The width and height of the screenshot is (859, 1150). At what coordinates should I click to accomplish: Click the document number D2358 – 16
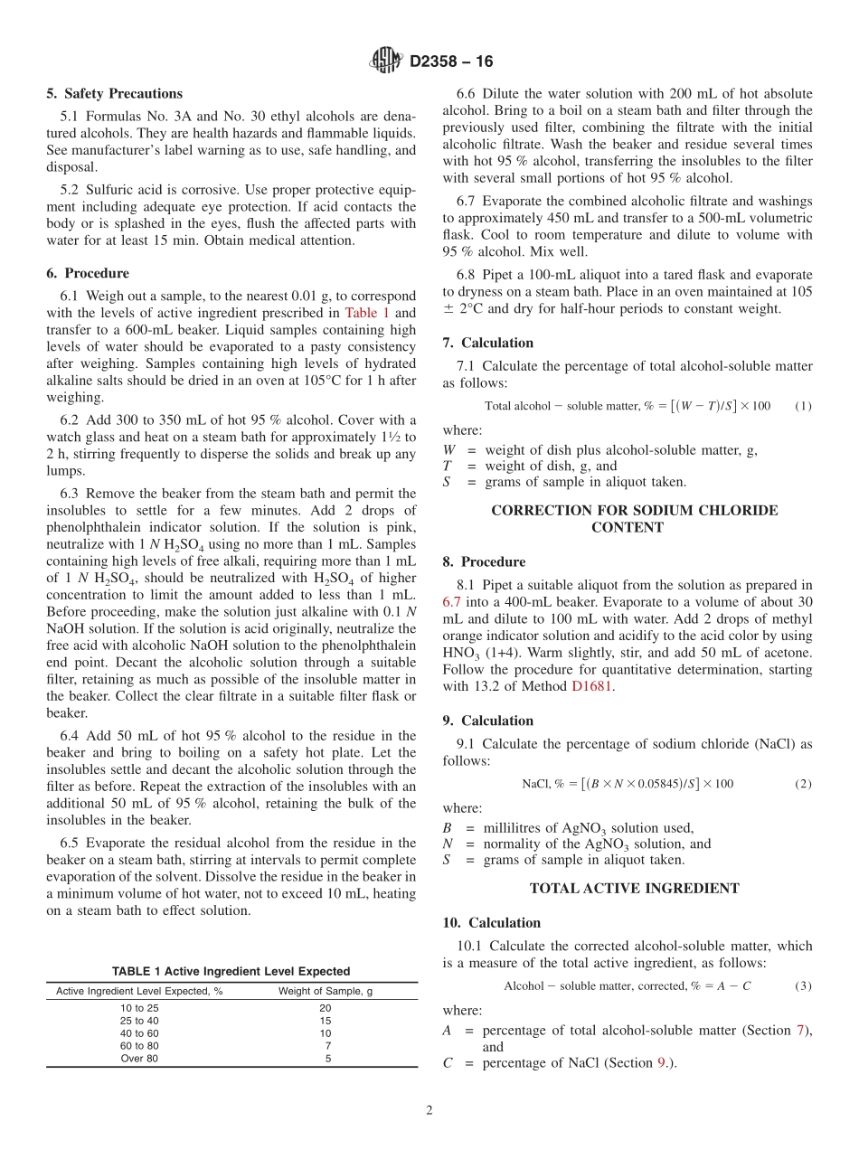point(451,62)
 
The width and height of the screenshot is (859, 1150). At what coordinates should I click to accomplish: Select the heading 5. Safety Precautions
point(114,93)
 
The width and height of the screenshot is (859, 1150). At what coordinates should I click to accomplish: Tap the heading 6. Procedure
point(88,273)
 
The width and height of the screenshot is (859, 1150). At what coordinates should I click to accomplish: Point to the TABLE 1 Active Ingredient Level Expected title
point(231,971)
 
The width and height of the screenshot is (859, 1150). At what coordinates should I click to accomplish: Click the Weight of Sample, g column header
point(326,991)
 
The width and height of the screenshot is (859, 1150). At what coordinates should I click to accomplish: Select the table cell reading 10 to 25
point(139,1008)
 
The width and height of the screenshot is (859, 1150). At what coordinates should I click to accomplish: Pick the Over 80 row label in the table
point(139,1059)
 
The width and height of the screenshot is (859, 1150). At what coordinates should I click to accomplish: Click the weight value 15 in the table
point(326,1021)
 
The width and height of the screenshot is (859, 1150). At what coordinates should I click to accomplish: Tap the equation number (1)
point(803,406)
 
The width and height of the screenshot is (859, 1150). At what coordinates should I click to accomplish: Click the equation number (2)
point(803,784)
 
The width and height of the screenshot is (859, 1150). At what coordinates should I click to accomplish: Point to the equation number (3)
point(803,985)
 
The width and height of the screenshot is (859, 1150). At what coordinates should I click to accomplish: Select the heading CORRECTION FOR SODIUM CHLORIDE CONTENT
point(634,519)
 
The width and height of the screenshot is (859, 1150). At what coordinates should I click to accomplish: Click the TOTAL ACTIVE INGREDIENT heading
point(634,889)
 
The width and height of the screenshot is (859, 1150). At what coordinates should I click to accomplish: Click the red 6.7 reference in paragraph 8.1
point(452,602)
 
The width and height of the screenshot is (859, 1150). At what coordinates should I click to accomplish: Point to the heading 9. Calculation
point(488,721)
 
